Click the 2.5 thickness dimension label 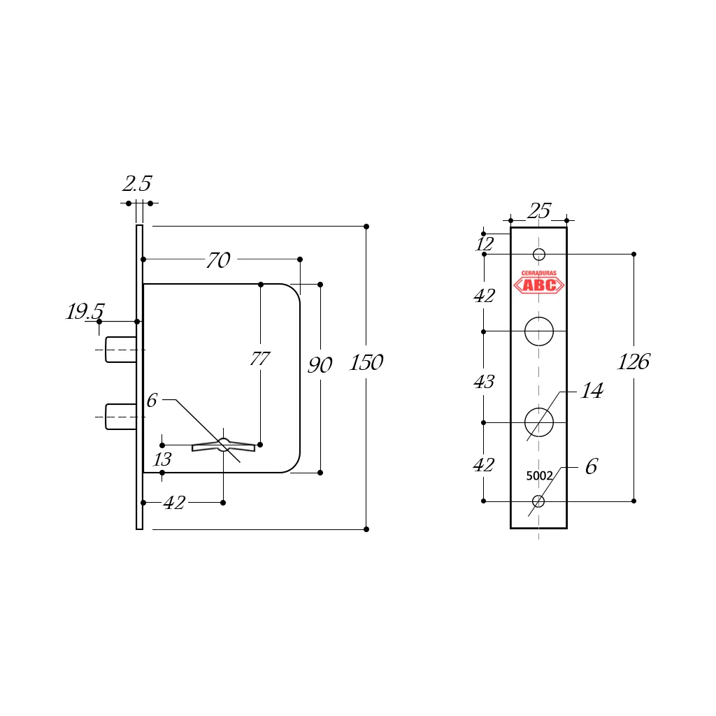[x=137, y=184]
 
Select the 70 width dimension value [x=218, y=260]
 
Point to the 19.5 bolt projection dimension [x=85, y=312]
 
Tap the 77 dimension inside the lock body [x=259, y=359]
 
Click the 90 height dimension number [x=320, y=365]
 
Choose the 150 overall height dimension [x=366, y=363]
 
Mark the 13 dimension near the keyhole [x=162, y=460]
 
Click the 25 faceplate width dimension [x=539, y=210]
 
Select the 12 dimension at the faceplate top [x=485, y=244]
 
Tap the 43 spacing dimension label [x=484, y=382]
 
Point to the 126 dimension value [x=633, y=362]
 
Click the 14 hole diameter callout [x=592, y=391]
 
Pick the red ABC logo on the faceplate [x=538, y=282]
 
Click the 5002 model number [x=539, y=475]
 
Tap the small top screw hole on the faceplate [x=539, y=254]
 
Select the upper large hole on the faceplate [x=539, y=331]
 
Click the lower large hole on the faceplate [x=539, y=422]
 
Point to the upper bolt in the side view [x=120, y=350]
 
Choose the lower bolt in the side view [x=120, y=416]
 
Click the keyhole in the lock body [x=223, y=445]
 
